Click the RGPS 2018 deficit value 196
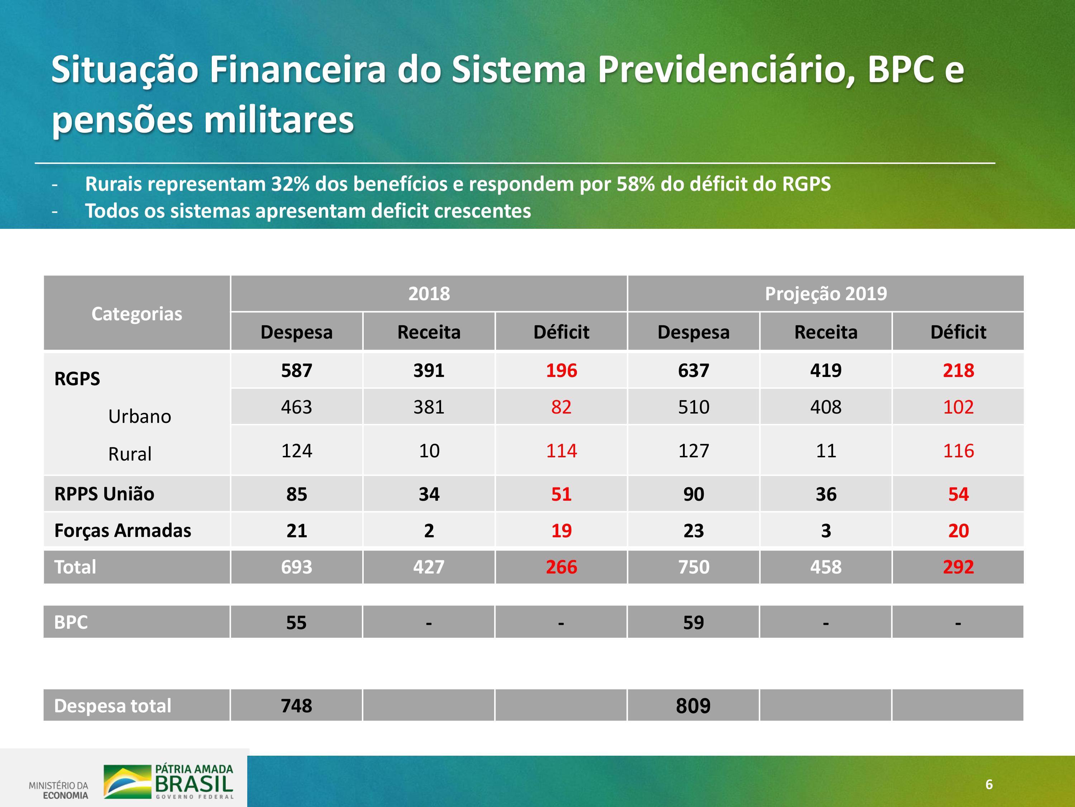561,371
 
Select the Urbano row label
139,416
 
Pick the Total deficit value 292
959,567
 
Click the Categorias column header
137,314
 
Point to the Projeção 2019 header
826,294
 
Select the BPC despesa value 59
693,623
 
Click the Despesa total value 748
296,706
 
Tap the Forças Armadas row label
123,530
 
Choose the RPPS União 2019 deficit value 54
959,494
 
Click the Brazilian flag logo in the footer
127,782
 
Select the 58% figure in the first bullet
636,184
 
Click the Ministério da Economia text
59,790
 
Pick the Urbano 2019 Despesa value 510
693,407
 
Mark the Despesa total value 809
693,706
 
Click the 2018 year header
429,294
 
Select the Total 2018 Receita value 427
429,567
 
